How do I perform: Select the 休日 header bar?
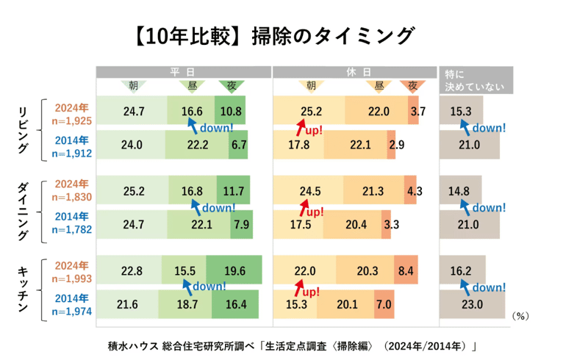pyautogui.click(x=355, y=71)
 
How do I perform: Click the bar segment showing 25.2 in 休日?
pyautogui.click(x=310, y=112)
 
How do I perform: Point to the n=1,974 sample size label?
pyautogui.click(x=71, y=311)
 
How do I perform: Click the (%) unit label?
pyautogui.click(x=520, y=315)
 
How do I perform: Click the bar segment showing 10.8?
pyautogui.click(x=231, y=112)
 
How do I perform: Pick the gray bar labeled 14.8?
pyautogui.click(x=459, y=191)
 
